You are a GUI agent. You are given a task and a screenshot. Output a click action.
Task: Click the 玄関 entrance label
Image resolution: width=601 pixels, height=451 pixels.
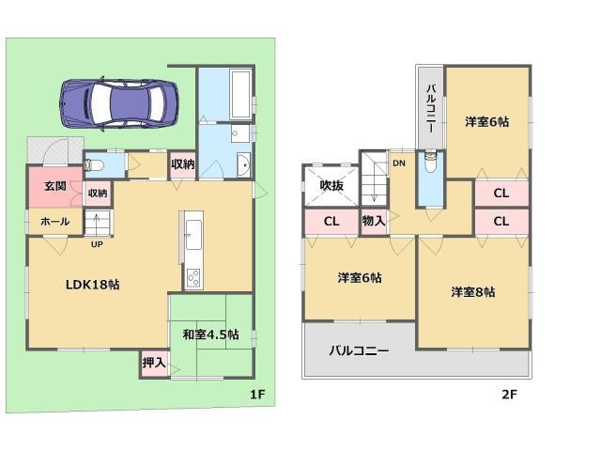point(54,186)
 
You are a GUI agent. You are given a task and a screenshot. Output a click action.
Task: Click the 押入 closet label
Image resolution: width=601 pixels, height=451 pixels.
point(154,361)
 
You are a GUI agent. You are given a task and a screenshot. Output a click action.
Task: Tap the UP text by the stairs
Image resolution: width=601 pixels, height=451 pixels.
point(97,245)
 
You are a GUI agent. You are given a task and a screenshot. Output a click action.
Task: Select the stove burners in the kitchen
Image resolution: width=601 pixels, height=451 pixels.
point(193,278)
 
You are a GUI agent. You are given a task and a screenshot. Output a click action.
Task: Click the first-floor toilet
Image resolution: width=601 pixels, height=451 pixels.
point(95,165)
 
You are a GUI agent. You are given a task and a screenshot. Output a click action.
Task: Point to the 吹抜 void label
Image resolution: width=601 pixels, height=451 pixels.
point(331,186)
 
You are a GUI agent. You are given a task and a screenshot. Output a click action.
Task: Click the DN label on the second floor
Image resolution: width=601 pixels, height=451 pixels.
point(399,164)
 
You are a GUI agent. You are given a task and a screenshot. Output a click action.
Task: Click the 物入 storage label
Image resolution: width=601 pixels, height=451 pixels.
point(374,222)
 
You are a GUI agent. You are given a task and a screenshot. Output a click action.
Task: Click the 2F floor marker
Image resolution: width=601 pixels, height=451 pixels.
point(508,395)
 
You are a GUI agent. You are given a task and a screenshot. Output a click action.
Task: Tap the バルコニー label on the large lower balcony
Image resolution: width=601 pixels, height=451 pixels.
point(358,350)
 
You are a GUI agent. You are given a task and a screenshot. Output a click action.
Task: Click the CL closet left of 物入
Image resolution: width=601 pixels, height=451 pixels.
point(331,222)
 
